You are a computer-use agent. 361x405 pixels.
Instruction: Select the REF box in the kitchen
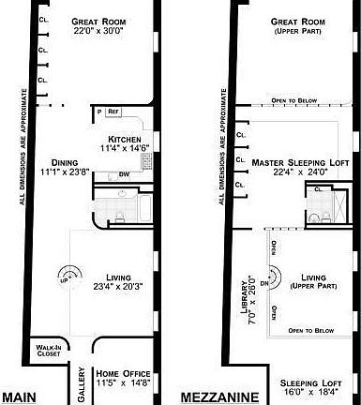point(113,112)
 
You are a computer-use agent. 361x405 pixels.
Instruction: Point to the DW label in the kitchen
point(124,174)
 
